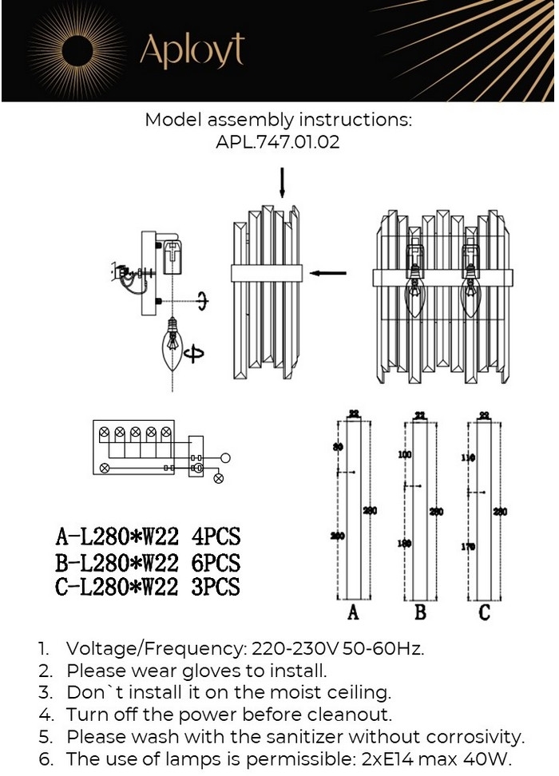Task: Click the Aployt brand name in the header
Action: pyautogui.click(x=192, y=51)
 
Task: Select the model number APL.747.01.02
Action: pyautogui.click(x=279, y=143)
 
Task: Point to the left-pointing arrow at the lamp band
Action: pyautogui.click(x=328, y=273)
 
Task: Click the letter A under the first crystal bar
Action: pyautogui.click(x=353, y=613)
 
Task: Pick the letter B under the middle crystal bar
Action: pyautogui.click(x=420, y=613)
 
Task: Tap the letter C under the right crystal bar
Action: pyautogui.click(x=484, y=613)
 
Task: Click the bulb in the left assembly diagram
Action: pyautogui.click(x=172, y=344)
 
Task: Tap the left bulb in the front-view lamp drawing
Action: pyautogui.click(x=414, y=299)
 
